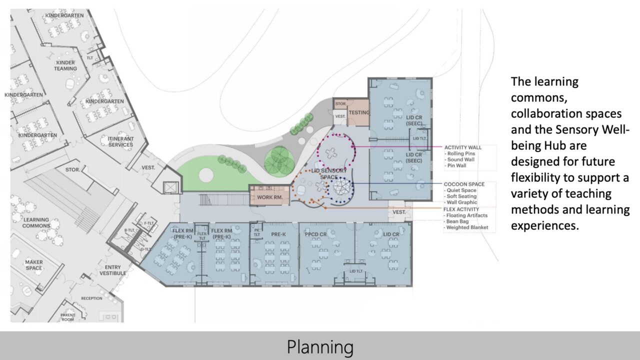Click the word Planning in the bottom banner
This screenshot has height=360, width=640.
point(320,346)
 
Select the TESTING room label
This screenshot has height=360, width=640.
point(358,113)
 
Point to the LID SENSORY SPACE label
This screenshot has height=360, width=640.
point(328,174)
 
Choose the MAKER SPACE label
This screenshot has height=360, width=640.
point(34,265)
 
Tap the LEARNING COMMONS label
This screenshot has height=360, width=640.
point(36,223)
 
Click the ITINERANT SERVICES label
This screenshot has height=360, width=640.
point(120,141)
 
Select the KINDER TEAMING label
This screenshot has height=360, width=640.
point(65,65)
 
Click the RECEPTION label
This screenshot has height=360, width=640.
point(91,298)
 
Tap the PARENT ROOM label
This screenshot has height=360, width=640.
point(67,317)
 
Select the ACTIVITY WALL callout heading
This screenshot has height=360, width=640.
point(462,147)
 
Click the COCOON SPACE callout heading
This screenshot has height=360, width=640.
point(464,184)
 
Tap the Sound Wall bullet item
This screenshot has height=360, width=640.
point(461,159)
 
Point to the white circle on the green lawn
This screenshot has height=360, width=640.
point(204,175)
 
